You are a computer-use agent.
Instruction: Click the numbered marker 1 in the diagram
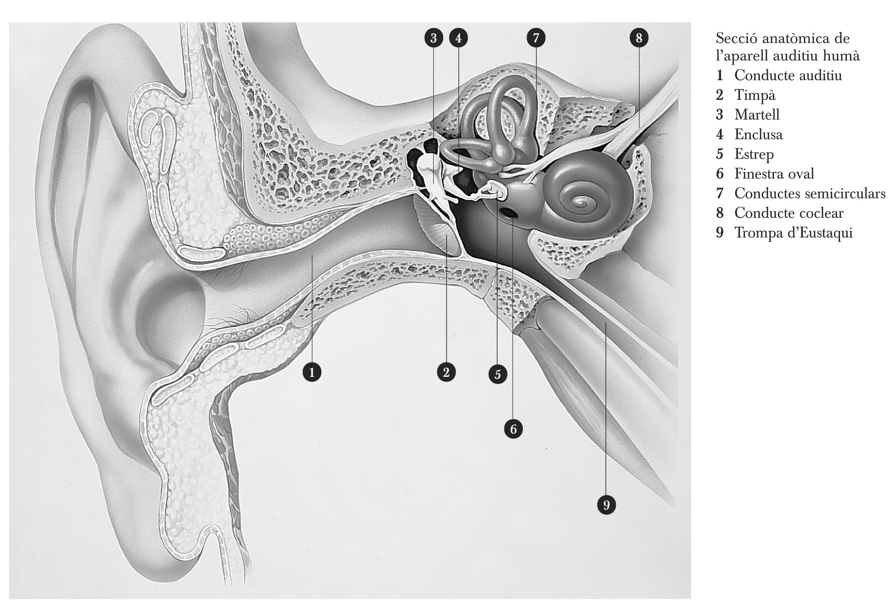pos(312,372)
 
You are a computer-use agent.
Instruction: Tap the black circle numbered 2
pos(446,372)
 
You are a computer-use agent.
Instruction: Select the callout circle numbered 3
pos(433,38)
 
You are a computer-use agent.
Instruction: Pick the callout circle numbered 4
pos(458,38)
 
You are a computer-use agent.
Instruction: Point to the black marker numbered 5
pos(498,374)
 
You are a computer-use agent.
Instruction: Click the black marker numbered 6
pos(513,429)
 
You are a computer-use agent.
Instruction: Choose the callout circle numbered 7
pos(536,38)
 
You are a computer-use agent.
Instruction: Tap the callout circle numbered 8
pos(639,38)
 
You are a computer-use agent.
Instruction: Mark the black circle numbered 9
pos(606,505)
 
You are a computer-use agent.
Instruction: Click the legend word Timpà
pos(755,96)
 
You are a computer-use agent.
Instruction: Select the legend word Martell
pos(757,114)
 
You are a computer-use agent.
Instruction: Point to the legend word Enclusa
pos(759,134)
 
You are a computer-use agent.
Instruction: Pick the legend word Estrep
pos(754,154)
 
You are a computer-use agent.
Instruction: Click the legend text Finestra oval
pos(774,174)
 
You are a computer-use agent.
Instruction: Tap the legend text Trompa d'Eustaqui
pos(793,232)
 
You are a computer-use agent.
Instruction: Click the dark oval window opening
pos(509,213)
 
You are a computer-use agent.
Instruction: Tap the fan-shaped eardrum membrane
pos(435,227)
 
